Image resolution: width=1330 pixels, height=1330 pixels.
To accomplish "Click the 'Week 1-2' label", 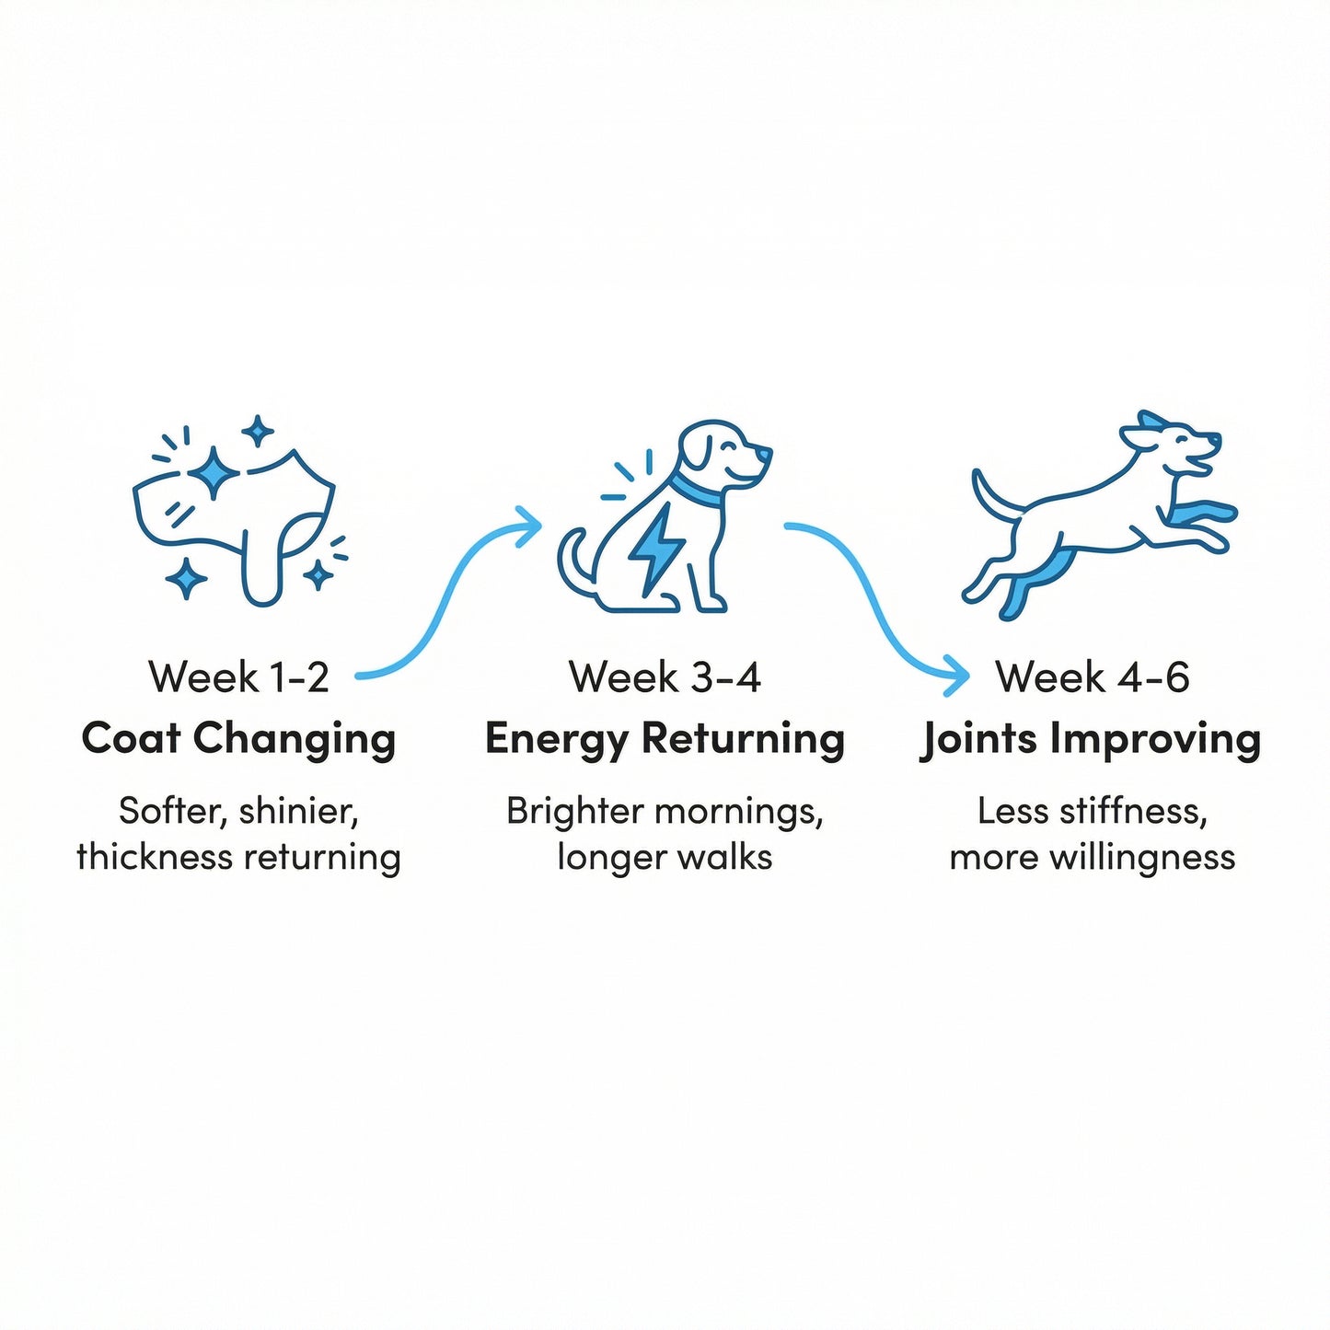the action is (238, 677).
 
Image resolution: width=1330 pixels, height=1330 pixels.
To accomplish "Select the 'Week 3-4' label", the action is (665, 677).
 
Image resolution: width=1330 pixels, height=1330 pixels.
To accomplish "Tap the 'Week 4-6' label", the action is (1093, 677).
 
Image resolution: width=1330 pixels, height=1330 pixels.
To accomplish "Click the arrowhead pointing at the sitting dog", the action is (527, 528).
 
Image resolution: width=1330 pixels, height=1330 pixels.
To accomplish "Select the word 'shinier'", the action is (299, 812).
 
